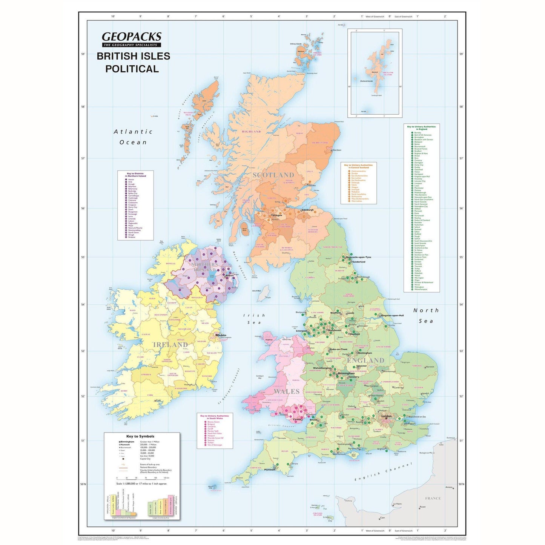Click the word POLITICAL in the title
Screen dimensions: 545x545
(132, 69)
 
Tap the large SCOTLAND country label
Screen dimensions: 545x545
(273, 175)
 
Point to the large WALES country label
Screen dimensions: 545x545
(286, 391)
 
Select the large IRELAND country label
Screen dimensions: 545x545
(170, 345)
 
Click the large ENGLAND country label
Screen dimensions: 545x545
(365, 360)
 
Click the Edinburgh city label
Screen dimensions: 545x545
(308, 210)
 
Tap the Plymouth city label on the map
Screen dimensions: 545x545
(269, 470)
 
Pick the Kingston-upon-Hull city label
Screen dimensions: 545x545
(393, 315)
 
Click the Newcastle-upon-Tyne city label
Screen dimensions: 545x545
(358, 257)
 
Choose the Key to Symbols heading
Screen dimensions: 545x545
(140, 436)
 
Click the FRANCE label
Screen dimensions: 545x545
(433, 498)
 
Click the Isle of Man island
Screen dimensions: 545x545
(266, 293)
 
